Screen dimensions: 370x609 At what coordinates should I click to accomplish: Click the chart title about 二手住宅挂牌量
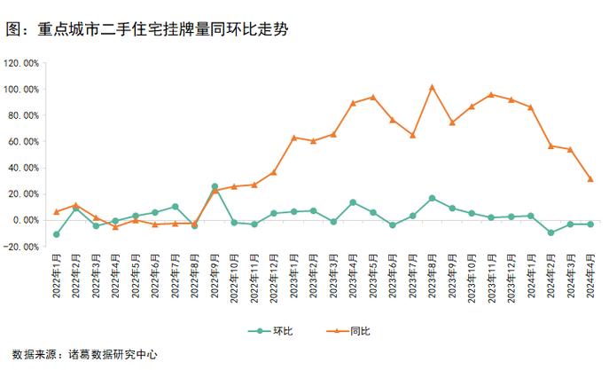coord(146,28)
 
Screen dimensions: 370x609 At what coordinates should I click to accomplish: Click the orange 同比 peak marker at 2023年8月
coord(432,87)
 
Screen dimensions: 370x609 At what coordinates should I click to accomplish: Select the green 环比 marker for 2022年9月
coord(215,187)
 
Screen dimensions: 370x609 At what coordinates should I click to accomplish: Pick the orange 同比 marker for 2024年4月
coord(590,179)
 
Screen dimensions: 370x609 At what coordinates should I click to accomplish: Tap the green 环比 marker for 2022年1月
coord(57,234)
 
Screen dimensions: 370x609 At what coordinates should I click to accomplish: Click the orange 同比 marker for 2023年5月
coord(372,97)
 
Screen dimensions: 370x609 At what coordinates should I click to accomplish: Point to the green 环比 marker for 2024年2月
coord(550,232)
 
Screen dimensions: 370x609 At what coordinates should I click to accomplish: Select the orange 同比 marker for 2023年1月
coord(293,138)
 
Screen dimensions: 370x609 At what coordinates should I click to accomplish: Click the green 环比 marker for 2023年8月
coord(432,198)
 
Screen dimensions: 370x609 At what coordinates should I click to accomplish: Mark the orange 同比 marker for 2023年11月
coord(491,95)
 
